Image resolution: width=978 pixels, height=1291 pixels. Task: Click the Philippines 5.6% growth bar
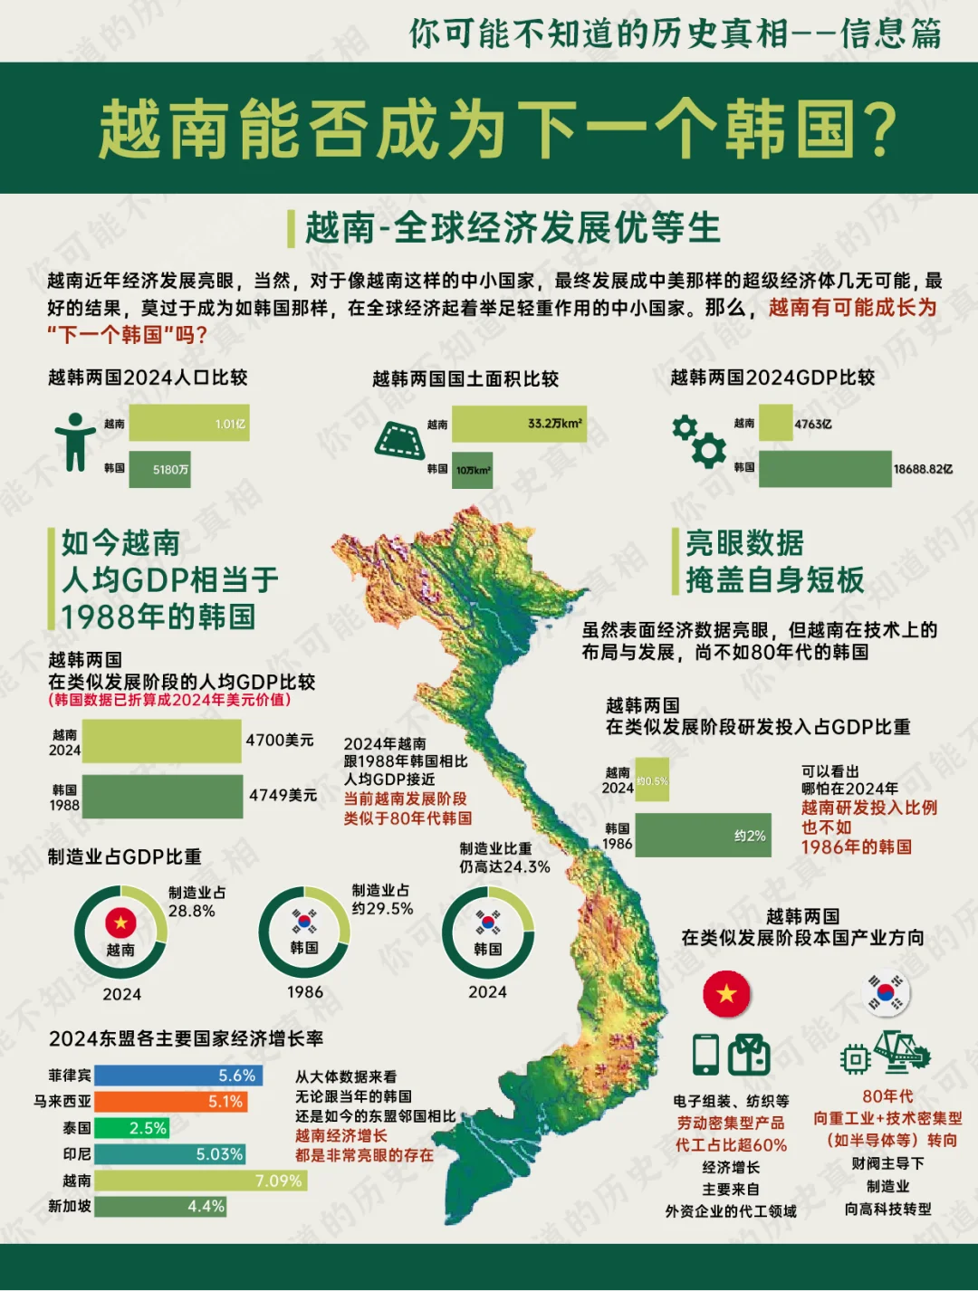[178, 1076]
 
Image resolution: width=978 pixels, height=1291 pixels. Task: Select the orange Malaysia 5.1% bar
[170, 1102]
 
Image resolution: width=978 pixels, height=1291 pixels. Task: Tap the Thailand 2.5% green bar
[131, 1128]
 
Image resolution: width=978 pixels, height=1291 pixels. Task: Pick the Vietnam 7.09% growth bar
[200, 1181]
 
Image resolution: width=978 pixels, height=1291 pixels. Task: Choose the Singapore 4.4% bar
[160, 1207]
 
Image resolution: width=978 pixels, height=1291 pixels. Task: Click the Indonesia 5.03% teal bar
[169, 1154]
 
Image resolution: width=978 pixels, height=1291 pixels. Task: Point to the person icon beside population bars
[74, 442]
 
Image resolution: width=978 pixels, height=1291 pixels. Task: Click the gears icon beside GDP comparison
[699, 440]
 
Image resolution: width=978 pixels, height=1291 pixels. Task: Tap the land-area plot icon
[399, 441]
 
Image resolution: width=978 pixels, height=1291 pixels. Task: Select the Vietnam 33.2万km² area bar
[519, 424]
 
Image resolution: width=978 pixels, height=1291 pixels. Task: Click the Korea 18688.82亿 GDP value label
[923, 469]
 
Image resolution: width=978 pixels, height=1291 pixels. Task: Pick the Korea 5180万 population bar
[160, 469]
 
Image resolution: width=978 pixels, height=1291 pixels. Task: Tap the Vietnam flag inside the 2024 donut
[120, 923]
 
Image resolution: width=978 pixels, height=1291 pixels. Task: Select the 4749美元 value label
[283, 795]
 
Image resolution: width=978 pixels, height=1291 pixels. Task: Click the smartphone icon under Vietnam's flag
[705, 1053]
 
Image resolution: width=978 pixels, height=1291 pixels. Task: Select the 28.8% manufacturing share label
[192, 911]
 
